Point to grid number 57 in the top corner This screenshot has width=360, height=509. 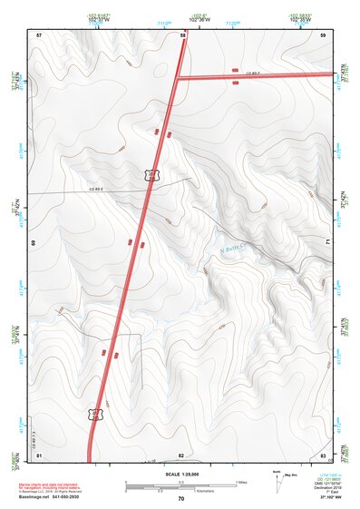tap(39, 34)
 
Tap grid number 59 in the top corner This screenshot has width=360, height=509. tap(323, 34)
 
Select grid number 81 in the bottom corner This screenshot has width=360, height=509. tap(39, 454)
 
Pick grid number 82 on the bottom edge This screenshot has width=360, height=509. tap(181, 454)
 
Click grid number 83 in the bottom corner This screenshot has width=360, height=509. tap(323, 454)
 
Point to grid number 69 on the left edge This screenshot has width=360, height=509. tap(34, 244)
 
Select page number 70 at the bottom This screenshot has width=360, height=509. tap(180, 499)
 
